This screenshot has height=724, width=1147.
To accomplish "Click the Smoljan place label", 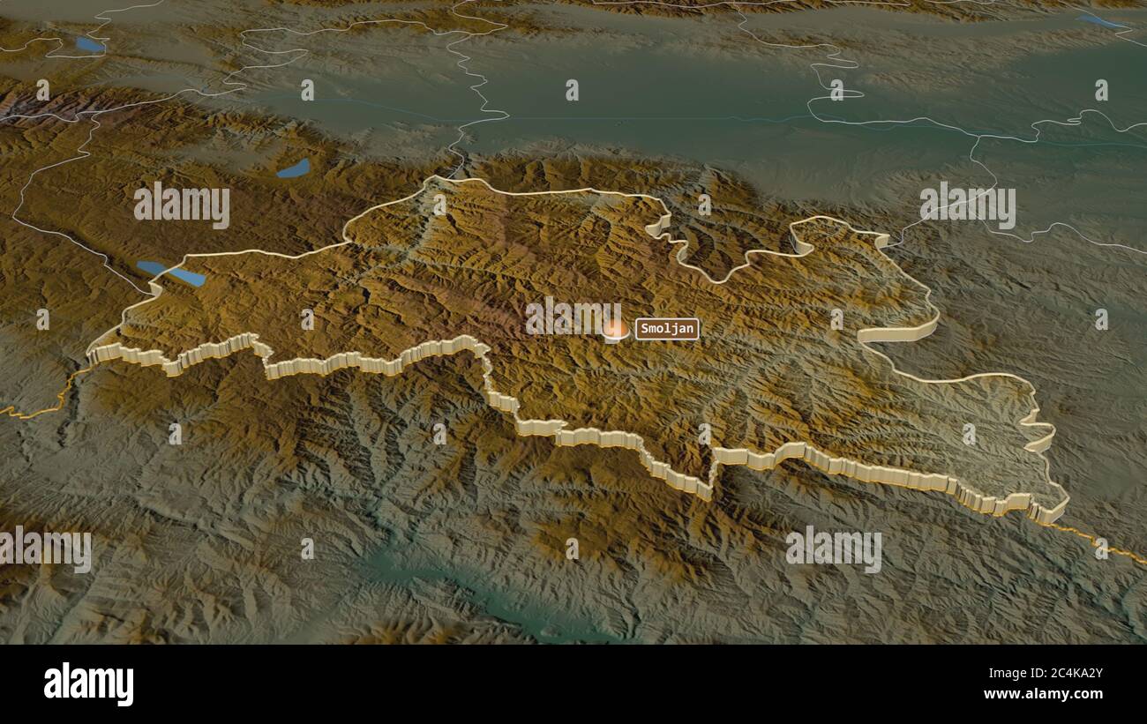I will (667, 329).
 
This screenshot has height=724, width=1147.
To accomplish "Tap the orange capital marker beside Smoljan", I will (615, 330).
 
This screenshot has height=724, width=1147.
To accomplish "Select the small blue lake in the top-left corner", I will (89, 44).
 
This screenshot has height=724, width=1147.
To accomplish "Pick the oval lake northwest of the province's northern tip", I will (294, 168).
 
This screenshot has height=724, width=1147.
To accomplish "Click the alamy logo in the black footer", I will (88, 684).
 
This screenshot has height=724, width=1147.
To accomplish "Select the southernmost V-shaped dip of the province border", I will (708, 492).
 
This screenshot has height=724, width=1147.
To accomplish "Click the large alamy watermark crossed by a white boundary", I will (967, 205).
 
